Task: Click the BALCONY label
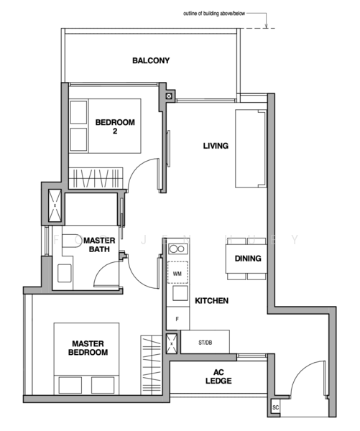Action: click(151, 61)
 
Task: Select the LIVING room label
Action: click(215, 146)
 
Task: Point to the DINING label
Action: click(248, 259)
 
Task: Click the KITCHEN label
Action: click(211, 301)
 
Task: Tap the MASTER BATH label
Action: click(96, 244)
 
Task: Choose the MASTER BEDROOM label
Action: click(88, 348)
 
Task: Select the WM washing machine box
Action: click(177, 274)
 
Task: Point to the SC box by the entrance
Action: click(276, 408)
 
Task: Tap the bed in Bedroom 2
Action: click(105, 126)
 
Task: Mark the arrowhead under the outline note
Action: click(267, 27)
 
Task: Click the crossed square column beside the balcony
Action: click(168, 96)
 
